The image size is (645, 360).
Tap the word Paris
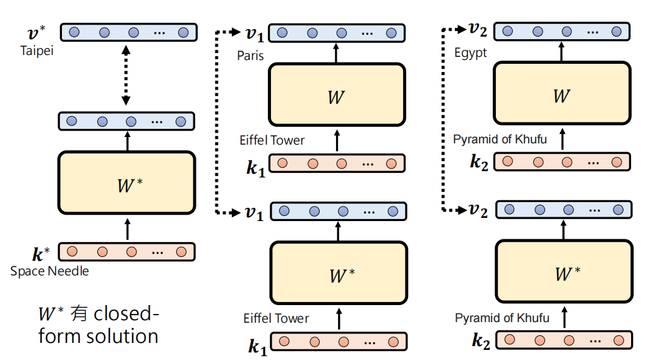250,56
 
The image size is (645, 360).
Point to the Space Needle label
49,272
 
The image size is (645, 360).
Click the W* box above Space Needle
126,183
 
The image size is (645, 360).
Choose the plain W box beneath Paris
336,95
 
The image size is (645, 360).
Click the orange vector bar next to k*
127,252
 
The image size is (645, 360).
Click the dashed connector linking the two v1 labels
217,120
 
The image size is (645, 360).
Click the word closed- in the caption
123,313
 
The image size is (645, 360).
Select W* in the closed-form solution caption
51,313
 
